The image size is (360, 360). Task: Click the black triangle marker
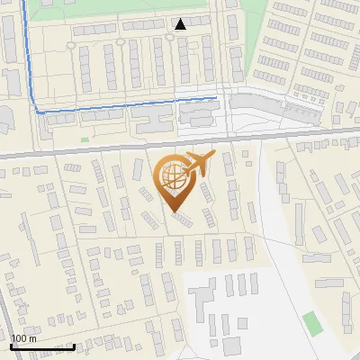pyautogui.click(x=181, y=23)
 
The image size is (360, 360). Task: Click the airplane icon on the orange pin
pyautogui.click(x=199, y=163)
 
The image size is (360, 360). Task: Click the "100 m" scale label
pyautogui.click(x=24, y=337)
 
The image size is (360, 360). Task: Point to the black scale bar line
pyautogui.click(x=42, y=346)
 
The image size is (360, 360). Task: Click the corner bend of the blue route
pyautogui.click(x=39, y=110)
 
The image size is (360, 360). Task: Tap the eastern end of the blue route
pyautogui.click(x=216, y=97)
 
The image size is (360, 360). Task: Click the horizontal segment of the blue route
pyautogui.click(x=126, y=103)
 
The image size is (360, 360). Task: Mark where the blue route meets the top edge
pyautogui.click(x=22, y=2)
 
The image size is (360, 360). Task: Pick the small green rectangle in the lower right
pyautogui.click(x=312, y=322)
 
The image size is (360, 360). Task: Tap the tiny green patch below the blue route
pyautogui.click(x=85, y=139)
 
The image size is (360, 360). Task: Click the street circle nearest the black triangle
pyautogui.click(x=169, y=39)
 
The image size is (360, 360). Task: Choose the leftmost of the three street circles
pyautogui.click(x=71, y=40)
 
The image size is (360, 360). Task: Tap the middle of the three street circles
pyautogui.click(x=121, y=40)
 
